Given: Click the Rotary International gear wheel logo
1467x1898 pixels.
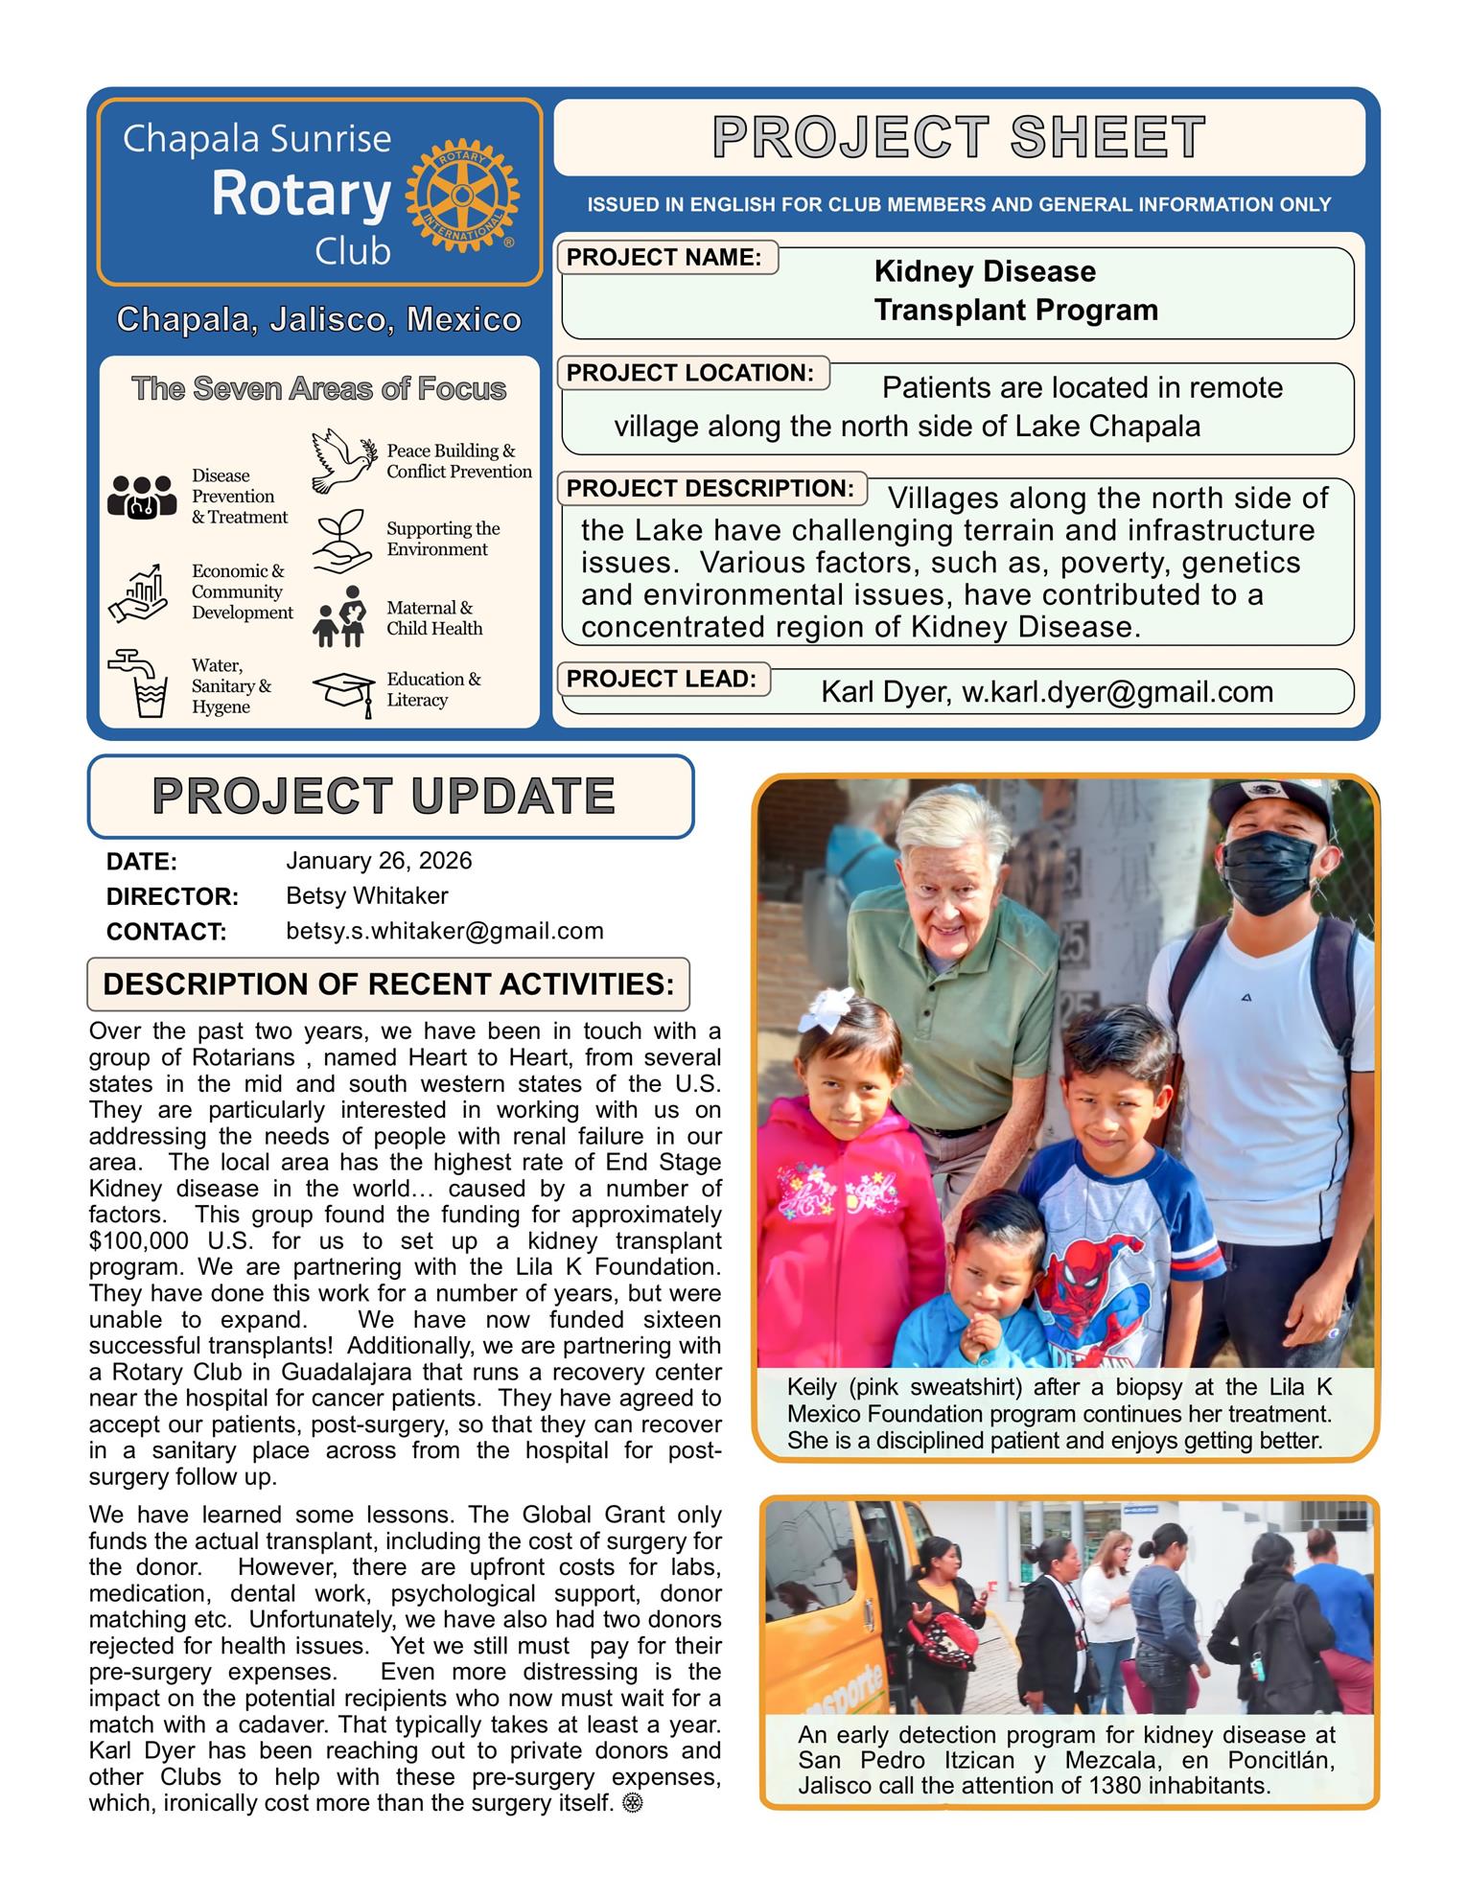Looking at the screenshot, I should pos(462,196).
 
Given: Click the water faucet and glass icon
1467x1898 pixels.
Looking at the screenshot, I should pos(140,683).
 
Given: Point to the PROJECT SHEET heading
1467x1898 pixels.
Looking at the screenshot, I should pos(959,137).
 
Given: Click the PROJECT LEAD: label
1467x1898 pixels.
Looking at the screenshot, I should pos(662,679).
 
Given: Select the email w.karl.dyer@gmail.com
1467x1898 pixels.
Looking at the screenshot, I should pos(1117,692).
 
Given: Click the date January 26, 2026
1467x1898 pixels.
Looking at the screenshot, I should pos(379,861).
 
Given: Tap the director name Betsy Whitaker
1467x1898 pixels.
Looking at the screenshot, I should pos(366,896).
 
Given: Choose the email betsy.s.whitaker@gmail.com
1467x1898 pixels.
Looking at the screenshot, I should pos(445,931).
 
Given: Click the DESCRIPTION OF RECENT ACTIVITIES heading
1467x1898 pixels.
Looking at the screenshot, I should pos(388,984).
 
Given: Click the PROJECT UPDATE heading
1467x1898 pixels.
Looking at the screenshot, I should pos(384,797).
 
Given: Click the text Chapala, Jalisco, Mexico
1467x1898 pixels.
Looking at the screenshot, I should pos(318,319).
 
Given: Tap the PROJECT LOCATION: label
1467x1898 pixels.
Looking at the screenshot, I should pos(689,373).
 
